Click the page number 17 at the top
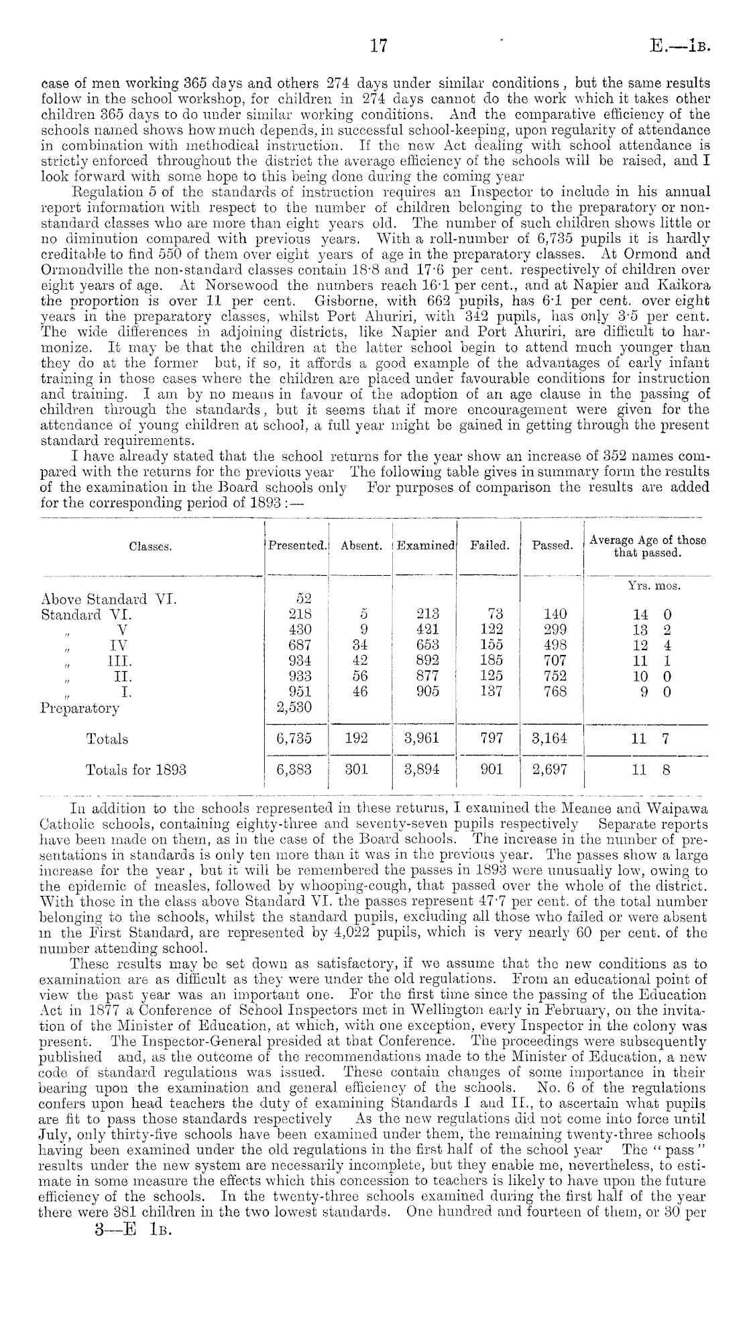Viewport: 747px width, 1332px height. click(379, 46)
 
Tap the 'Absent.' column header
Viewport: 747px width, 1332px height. click(361, 546)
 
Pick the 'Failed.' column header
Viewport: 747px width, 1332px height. click(489, 546)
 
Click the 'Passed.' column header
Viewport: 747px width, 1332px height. click(553, 546)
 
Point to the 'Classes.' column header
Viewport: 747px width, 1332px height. click(150, 547)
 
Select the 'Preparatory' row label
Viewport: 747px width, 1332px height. click(80, 707)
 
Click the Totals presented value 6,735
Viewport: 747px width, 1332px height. click(294, 739)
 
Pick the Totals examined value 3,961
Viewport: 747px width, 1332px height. click(422, 739)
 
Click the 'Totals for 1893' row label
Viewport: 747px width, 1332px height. click(135, 770)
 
